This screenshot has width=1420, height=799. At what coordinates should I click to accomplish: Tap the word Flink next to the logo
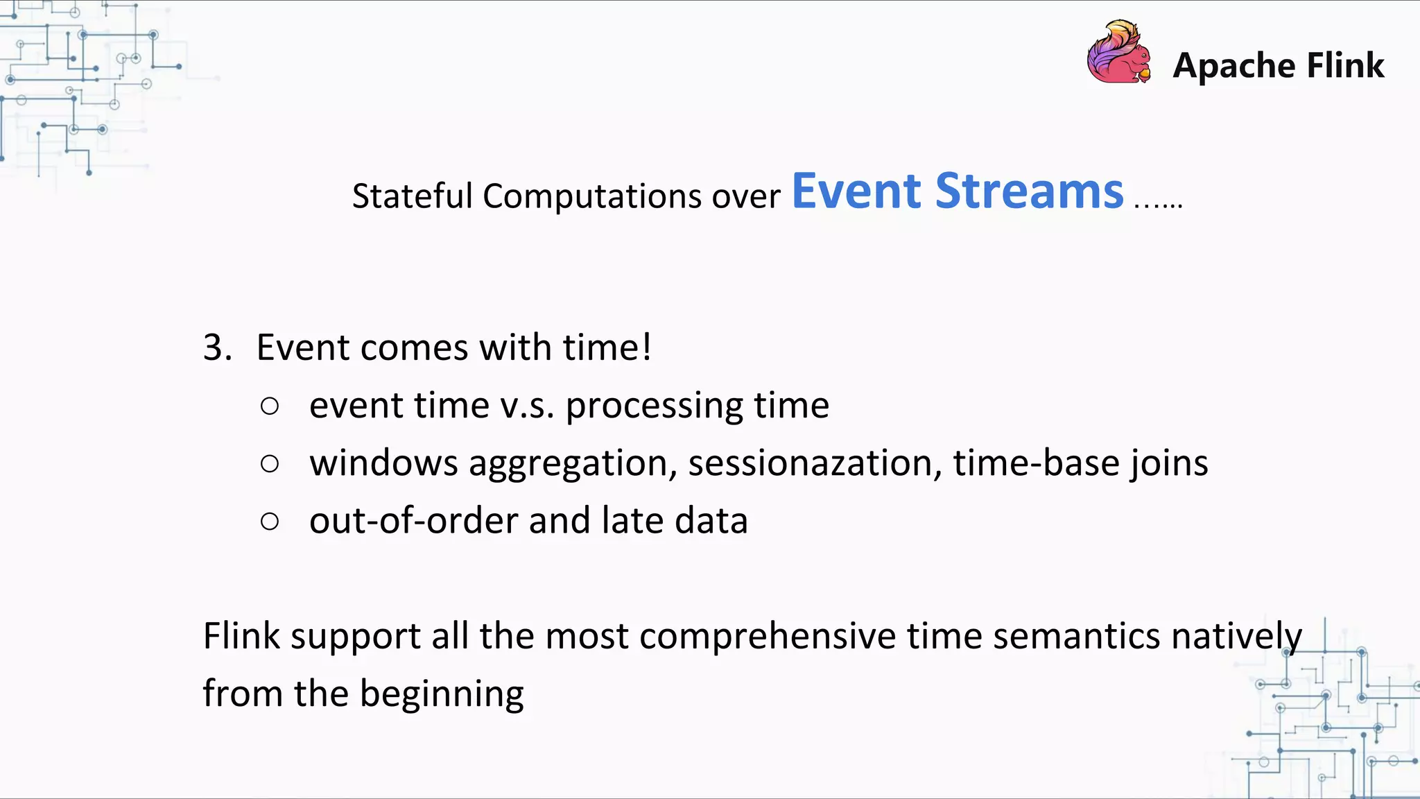(1345, 65)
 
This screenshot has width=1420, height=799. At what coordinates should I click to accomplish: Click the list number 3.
(216, 347)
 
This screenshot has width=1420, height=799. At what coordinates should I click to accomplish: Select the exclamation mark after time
(646, 347)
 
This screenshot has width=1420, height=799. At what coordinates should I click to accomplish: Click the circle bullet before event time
(270, 406)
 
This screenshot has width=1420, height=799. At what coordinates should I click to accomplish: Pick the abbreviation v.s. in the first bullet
(527, 406)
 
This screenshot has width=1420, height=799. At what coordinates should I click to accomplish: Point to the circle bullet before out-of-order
(270, 522)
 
